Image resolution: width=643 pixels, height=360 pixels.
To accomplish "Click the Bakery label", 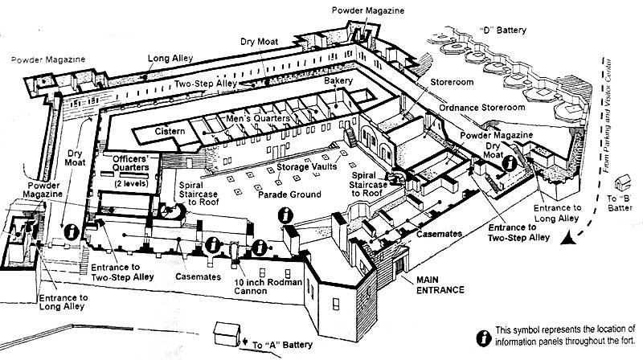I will click(338, 83).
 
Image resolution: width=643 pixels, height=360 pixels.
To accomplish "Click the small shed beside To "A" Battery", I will click(227, 333).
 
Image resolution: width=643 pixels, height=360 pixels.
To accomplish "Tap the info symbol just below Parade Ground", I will click(284, 215).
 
